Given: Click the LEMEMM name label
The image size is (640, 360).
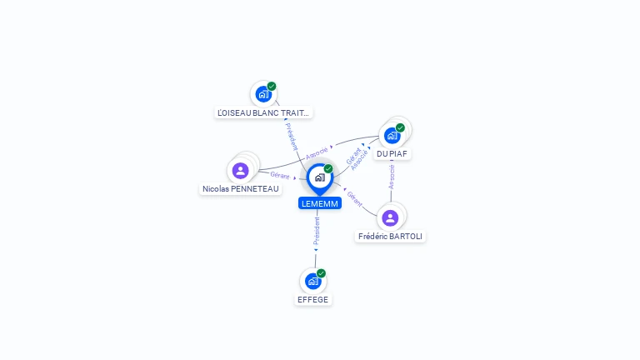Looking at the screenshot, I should click(319, 203).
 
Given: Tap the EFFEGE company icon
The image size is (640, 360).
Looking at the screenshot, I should click(312, 281).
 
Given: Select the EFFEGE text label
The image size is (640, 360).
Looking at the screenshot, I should click(313, 300).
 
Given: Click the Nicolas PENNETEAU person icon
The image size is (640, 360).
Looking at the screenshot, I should click(240, 170).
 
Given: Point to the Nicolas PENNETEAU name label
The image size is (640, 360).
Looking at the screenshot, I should click(241, 189).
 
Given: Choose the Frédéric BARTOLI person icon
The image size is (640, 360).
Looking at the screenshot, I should click(390, 217).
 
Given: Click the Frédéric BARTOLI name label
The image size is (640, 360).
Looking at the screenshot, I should click(390, 237).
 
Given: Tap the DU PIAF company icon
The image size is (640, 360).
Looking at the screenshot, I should click(392, 135).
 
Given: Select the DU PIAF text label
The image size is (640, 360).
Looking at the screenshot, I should click(392, 154).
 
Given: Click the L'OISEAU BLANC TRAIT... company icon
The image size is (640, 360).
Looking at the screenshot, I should click(263, 93).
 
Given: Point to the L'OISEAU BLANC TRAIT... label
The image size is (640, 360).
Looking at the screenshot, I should click(263, 112).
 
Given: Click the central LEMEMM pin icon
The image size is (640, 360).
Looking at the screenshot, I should click(319, 177).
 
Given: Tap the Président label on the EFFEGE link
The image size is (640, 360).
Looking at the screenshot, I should click(317, 232).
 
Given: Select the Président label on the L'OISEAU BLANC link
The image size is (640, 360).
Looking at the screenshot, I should click(292, 137).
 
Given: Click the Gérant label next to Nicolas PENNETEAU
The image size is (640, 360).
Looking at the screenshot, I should click(279, 175).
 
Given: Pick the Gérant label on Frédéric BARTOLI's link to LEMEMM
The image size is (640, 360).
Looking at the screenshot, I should click(355, 198).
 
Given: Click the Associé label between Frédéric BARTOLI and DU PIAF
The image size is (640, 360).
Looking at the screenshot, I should click(392, 176).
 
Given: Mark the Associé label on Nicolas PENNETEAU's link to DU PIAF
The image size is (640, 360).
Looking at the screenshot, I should click(317, 152).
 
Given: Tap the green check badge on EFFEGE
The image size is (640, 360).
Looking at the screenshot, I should click(321, 273).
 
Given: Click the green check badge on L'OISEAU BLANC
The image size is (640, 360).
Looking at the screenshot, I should click(272, 86).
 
